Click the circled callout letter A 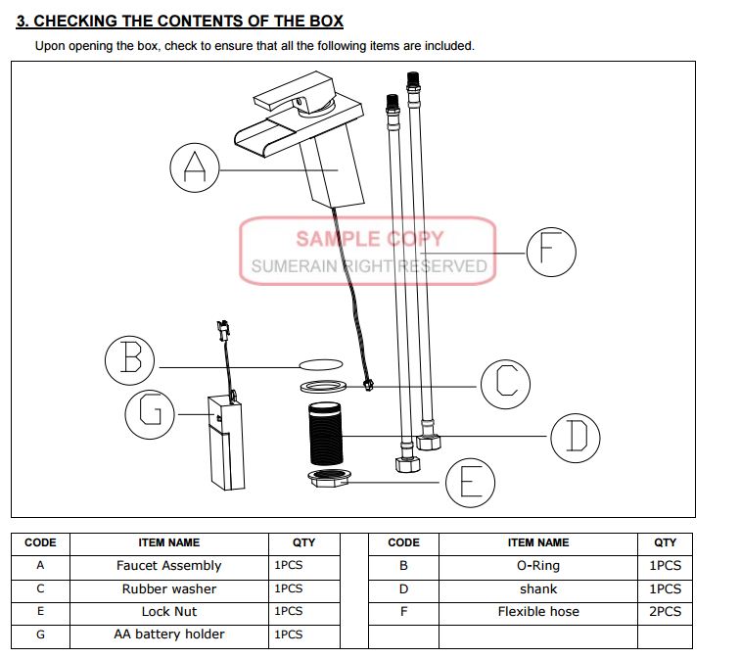click(195, 169)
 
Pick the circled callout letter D click(576, 437)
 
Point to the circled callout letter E click(470, 482)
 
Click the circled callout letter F click(551, 254)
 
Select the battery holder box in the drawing click(224, 441)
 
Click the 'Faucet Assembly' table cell click(168, 566)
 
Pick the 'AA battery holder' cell click(168, 634)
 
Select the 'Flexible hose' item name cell click(538, 612)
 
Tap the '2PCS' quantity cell click(665, 612)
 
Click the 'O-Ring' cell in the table click(538, 566)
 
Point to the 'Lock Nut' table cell click(168, 612)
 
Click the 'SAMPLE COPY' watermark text click(369, 238)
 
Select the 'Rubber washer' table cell click(168, 589)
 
